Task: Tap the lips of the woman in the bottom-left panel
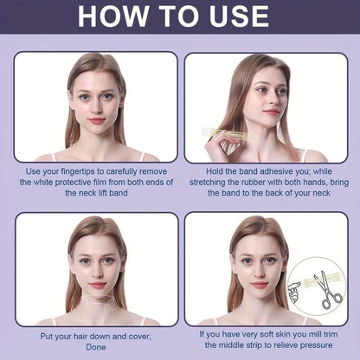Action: tap(96, 284)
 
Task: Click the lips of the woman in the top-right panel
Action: tap(273, 112)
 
